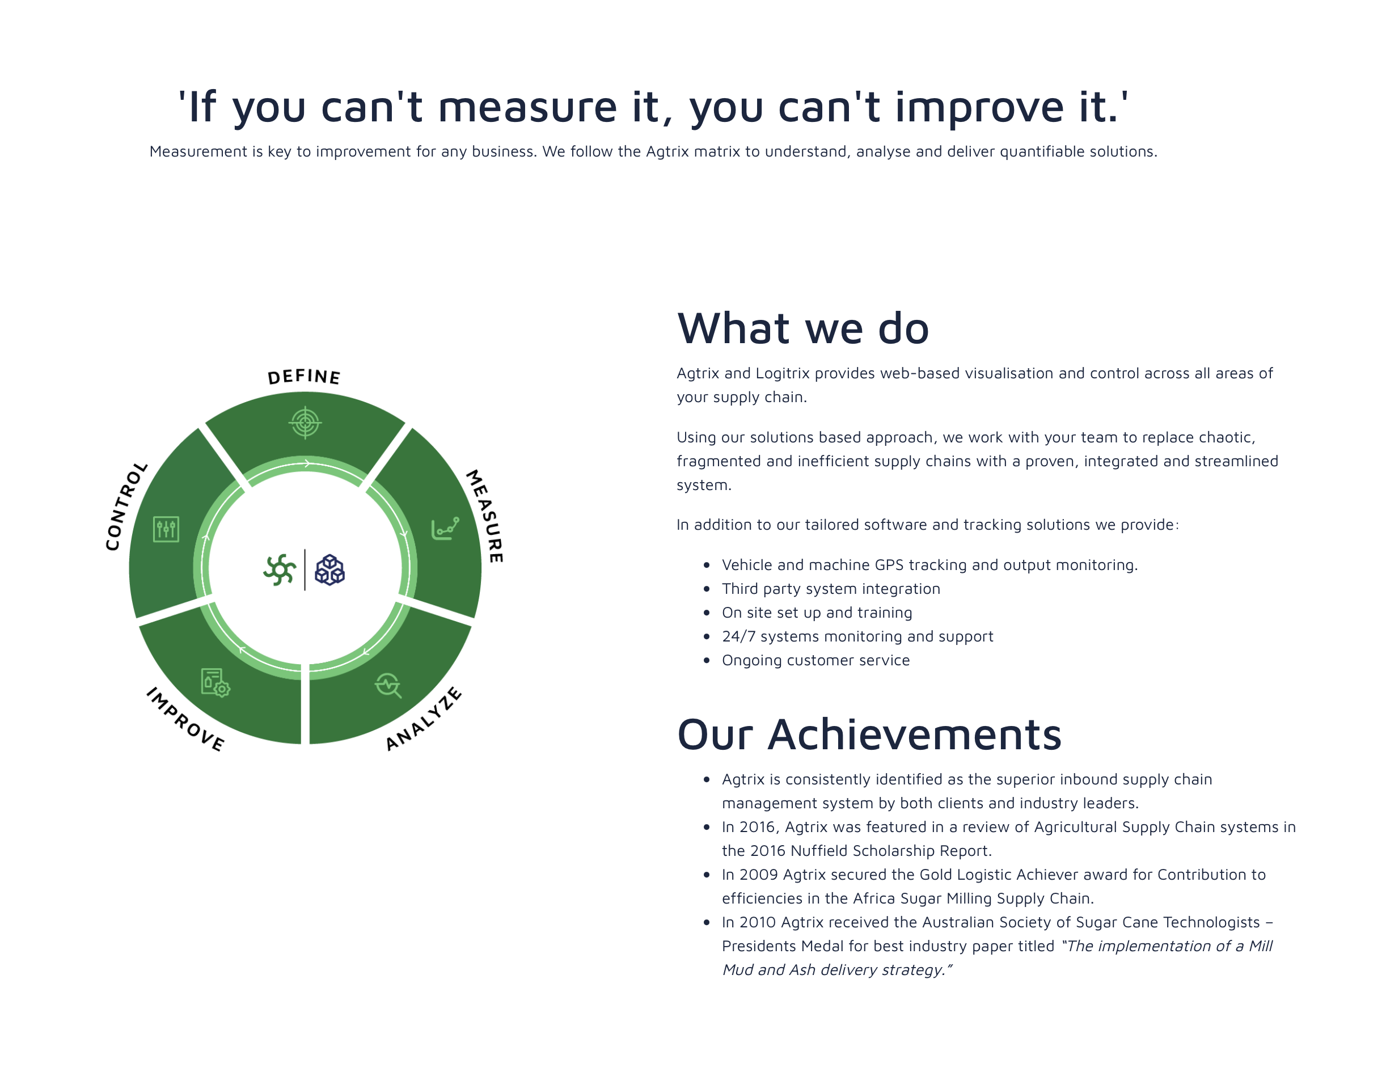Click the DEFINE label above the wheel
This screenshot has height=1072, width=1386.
coord(304,377)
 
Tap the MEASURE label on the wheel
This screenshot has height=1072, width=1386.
coord(485,516)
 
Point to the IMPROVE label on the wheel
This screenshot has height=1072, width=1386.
coord(185,719)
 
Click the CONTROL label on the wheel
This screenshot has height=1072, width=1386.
coord(126,506)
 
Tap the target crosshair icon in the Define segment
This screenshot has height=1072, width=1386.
coord(305,422)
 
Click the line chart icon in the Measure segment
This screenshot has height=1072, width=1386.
coord(445,529)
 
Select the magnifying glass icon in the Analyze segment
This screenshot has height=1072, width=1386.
coord(388,686)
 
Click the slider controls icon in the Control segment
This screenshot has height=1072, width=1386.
coord(166,529)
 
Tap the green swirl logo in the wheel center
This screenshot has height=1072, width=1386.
coord(280,569)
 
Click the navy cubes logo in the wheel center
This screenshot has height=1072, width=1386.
coord(330,569)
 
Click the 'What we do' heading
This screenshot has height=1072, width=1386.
coord(803,329)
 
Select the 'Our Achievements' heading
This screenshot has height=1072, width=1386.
coord(869,735)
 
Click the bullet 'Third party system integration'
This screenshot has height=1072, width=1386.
coord(831,588)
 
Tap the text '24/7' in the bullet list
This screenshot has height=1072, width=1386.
coord(739,636)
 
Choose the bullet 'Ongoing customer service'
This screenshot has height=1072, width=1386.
coord(815,660)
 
